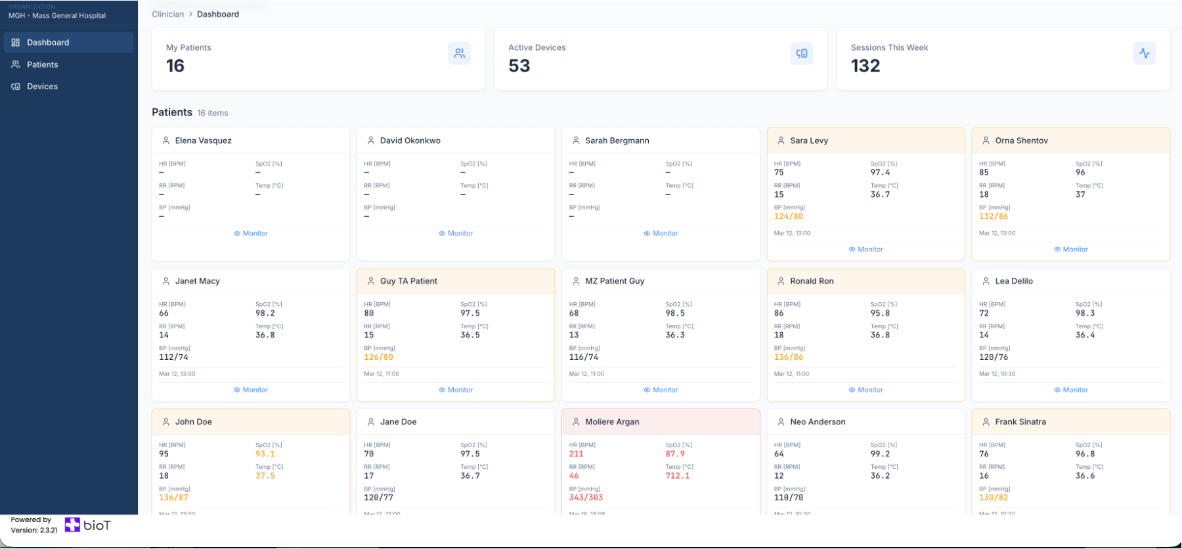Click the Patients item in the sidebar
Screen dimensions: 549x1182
coord(42,64)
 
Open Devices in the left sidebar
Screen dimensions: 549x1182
coord(42,87)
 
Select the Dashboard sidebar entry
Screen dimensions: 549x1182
coord(47,43)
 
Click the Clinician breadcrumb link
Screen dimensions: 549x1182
coord(167,14)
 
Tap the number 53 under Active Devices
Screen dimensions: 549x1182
coord(519,66)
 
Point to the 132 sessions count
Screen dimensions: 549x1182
coord(865,66)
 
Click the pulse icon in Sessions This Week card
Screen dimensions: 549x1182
coord(1144,54)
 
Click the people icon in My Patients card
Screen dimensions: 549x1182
coord(459,54)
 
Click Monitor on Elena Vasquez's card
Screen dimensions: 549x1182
coord(251,234)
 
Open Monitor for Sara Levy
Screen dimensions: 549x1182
coord(866,250)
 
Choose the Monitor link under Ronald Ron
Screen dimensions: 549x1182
coord(866,390)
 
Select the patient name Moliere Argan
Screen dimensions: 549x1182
coord(612,422)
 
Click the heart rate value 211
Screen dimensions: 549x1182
coord(576,454)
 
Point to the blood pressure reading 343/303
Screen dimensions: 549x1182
coord(586,498)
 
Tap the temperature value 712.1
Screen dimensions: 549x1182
coord(677,476)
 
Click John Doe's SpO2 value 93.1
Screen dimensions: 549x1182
coord(265,454)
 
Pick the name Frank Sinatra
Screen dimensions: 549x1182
coord(1020,422)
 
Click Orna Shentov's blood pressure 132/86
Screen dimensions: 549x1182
coord(993,217)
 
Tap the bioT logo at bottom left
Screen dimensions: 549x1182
coord(88,525)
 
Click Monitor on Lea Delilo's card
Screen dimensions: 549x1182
coord(1071,390)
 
